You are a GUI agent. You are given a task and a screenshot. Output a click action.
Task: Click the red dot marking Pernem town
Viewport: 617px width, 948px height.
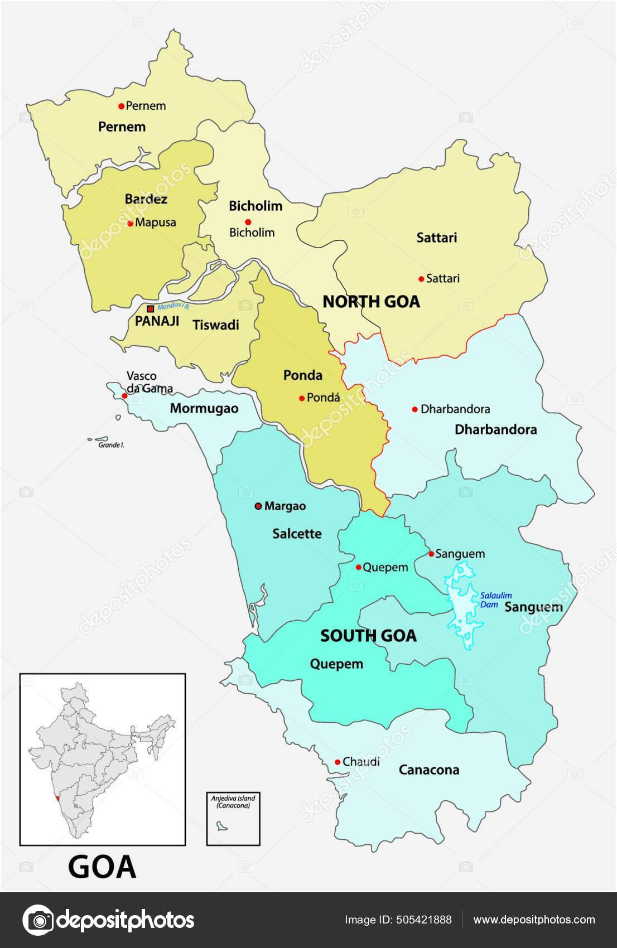click(x=120, y=105)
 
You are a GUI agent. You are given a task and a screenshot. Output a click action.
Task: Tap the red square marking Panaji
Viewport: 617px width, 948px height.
click(x=150, y=308)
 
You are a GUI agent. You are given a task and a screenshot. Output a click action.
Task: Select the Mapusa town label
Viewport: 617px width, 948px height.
click(x=156, y=223)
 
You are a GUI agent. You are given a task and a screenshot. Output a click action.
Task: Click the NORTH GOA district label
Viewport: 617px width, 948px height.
click(x=371, y=302)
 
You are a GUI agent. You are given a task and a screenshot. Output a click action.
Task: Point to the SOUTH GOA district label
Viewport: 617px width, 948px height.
click(x=368, y=636)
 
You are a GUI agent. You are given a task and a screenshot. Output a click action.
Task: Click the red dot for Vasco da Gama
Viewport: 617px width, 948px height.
click(x=124, y=396)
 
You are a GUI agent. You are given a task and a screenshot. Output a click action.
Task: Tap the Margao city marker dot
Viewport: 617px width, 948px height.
click(x=258, y=506)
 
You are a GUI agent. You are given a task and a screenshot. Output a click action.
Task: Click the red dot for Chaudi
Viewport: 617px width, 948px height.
click(x=338, y=762)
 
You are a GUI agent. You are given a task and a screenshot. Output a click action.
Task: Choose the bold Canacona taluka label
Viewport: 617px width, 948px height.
click(x=429, y=770)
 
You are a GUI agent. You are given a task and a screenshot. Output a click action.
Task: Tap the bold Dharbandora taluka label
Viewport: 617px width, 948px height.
click(x=496, y=429)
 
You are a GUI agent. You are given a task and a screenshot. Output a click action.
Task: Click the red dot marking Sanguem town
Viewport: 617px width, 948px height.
click(x=431, y=554)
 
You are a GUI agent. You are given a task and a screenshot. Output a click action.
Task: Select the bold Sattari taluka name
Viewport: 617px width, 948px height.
click(x=437, y=238)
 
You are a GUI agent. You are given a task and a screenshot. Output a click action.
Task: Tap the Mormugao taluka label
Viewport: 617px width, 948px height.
click(x=204, y=408)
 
